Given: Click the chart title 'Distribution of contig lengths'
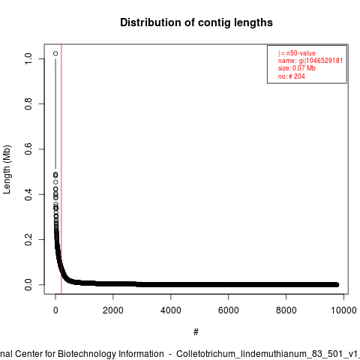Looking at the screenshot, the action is (196, 22).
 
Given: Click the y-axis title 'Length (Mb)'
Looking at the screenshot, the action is (7, 169).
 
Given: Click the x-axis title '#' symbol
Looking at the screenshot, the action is (196, 332).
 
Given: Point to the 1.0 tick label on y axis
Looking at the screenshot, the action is (28, 58).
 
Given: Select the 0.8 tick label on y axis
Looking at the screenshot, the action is (28, 103).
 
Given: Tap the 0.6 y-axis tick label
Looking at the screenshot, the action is (28, 149).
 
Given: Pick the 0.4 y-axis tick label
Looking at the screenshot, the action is (28, 194).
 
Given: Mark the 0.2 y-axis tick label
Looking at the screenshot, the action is (28, 239).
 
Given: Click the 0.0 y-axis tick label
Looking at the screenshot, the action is (28, 285).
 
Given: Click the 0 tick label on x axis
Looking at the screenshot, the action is (55, 310).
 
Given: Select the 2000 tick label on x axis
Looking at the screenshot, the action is (113, 310).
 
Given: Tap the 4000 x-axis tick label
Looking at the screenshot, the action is (171, 310).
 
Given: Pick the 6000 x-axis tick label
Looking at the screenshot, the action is (229, 310).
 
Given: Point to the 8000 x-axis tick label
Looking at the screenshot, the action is (286, 310).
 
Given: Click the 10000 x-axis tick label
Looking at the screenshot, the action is (343, 310).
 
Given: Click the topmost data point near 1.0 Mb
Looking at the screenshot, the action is (55, 53).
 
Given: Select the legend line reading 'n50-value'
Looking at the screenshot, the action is (297, 53).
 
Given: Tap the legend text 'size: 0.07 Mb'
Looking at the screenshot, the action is (297, 68).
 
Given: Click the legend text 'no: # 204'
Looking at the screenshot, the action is (292, 76).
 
